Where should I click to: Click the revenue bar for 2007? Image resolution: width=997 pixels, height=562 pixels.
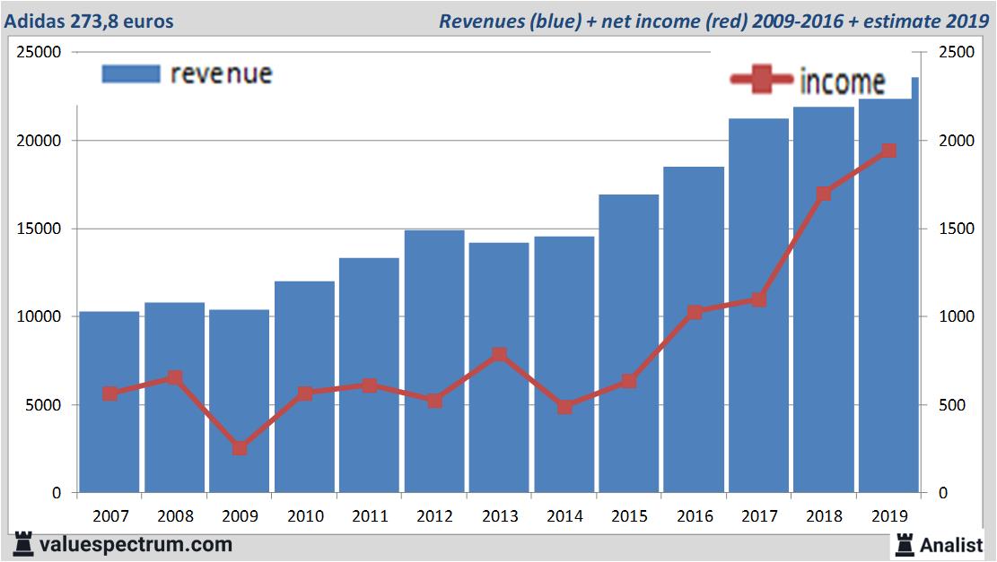pos(109,403)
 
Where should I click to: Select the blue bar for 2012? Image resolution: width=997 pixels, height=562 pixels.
pos(434,359)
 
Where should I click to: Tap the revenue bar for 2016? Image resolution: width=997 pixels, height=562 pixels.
pos(694,332)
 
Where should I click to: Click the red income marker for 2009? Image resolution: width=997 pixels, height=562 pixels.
pos(240,448)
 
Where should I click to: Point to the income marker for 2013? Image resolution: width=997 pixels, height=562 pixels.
pos(499,355)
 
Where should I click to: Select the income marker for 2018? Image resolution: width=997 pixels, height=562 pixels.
pos(824,195)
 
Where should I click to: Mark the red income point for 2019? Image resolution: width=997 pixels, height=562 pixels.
pos(888,151)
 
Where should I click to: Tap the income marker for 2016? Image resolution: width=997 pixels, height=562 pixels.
pos(694,312)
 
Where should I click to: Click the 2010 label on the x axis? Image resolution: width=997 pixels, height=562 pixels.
pos(304,516)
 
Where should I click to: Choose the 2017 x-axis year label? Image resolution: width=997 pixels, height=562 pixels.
pos(759,516)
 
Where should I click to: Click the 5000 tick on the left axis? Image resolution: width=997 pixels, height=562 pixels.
pos(43,405)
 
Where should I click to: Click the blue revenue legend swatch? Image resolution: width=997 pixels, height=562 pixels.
pos(131,74)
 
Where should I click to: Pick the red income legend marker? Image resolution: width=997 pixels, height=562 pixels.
pos(761,80)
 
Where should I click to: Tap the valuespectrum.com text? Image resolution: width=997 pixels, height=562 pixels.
pos(135,544)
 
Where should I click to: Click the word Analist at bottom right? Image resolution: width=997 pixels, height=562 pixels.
pos(950,544)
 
